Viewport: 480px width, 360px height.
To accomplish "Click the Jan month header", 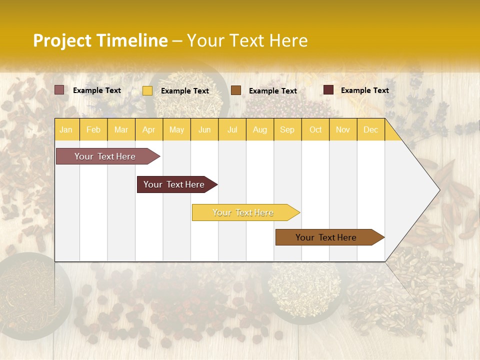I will (x=66, y=129).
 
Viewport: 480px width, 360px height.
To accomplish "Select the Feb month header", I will (x=93, y=129).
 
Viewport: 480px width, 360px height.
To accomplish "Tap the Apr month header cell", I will (x=148, y=129).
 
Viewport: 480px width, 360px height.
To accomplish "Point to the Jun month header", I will (x=204, y=129).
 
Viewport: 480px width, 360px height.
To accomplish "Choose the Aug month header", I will (x=259, y=129).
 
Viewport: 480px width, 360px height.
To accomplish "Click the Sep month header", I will (x=287, y=129).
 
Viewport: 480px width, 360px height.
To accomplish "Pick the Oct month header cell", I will (x=315, y=129).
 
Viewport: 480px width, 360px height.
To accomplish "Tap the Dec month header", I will (x=370, y=129).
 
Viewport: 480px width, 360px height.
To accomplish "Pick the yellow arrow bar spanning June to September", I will (x=244, y=212).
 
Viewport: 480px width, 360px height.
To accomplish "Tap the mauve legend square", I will (x=59, y=90).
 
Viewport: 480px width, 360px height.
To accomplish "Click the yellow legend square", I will (x=147, y=90).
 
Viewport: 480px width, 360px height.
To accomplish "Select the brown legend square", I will (x=236, y=90).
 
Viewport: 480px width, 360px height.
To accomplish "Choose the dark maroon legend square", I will (x=328, y=90).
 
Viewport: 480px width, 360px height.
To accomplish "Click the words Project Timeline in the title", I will (x=100, y=40).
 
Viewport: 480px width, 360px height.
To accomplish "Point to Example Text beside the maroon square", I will (x=364, y=90).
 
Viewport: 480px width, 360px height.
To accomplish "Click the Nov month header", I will (x=343, y=129).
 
